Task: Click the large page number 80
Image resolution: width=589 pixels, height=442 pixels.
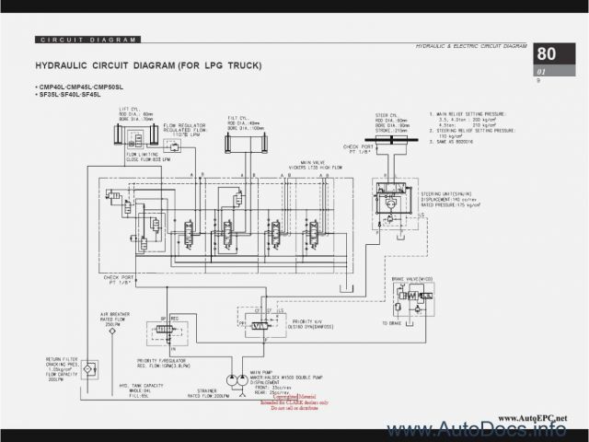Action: (x=547, y=53)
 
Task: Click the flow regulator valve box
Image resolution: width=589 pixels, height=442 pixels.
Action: (x=171, y=145)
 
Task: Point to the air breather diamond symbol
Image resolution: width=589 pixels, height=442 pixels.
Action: (x=112, y=331)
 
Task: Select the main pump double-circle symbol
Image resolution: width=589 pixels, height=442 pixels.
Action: (x=230, y=378)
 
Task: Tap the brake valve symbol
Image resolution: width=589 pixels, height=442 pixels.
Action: (x=406, y=300)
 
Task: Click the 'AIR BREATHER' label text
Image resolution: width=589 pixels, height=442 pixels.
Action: (x=113, y=314)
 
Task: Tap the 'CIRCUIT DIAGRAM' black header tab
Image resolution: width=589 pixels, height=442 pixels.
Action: (x=88, y=40)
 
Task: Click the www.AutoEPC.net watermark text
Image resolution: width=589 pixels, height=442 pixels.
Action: (x=533, y=417)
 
